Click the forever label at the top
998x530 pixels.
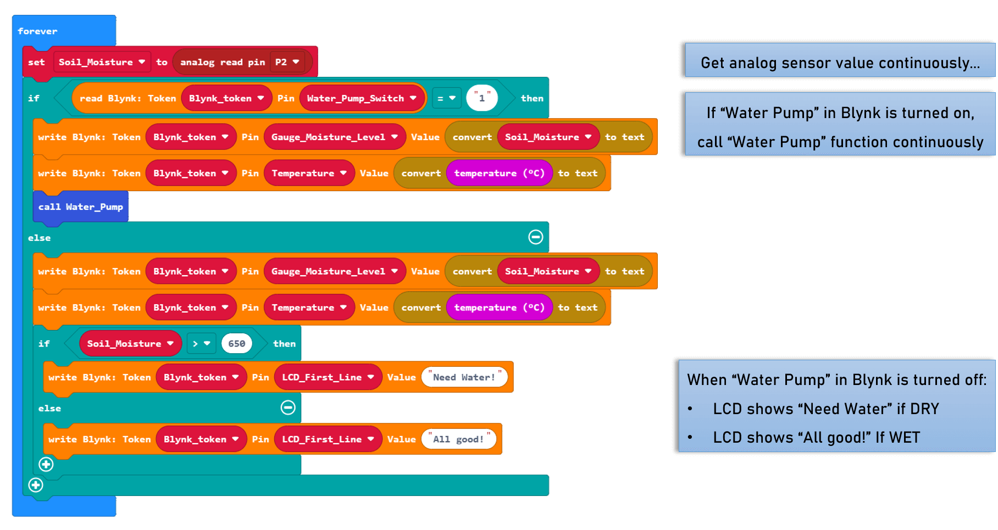(37, 31)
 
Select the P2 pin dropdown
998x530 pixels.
(287, 62)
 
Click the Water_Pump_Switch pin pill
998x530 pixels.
(362, 98)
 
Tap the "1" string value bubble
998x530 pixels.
(482, 98)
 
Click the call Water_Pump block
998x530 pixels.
(81, 207)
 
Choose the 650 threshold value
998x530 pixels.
(236, 344)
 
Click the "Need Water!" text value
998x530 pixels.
(464, 377)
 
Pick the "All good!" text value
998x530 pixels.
(458, 439)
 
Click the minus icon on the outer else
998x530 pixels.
(536, 237)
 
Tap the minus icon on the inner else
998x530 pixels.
(288, 408)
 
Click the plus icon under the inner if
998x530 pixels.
(46, 465)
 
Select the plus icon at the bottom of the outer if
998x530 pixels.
(36, 485)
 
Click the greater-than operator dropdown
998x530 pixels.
(201, 344)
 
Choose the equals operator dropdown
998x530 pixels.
(446, 98)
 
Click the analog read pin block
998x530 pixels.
(223, 62)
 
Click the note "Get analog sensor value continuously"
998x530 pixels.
(839, 63)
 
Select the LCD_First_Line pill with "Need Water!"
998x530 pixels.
(328, 377)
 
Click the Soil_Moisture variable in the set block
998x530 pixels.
(101, 62)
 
